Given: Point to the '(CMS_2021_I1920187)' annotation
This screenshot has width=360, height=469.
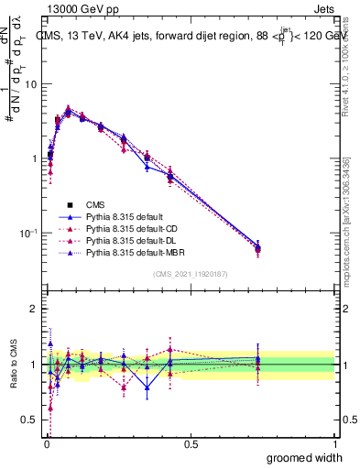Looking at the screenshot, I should click(190, 274).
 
